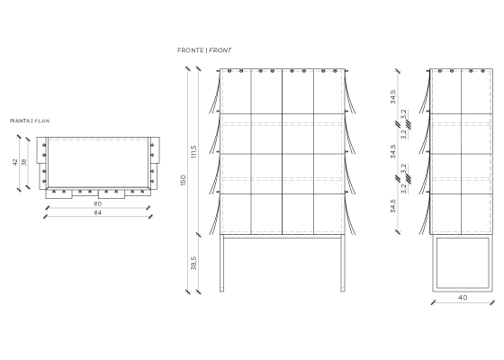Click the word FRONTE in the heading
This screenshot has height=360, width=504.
point(190,50)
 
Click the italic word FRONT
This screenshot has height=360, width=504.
point(220,50)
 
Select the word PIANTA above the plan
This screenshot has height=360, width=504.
point(20,121)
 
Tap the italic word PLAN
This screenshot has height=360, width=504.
point(41,121)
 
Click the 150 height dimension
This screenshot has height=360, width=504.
point(184,180)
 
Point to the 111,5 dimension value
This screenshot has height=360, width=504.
point(193,152)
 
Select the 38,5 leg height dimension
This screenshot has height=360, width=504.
point(193,263)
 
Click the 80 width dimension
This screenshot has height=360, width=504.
point(98,203)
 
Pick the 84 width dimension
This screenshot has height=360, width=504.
point(98,212)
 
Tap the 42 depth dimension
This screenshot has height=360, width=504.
point(15,162)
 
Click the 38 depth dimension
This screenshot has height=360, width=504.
point(24,162)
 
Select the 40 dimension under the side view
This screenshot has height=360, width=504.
point(463,298)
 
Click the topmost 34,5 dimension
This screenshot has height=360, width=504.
point(393,96)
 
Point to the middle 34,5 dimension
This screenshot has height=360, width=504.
point(393,151)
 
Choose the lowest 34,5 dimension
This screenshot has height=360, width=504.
point(393,206)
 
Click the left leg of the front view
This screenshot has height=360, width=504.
point(221,263)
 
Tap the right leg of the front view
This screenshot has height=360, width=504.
point(343,263)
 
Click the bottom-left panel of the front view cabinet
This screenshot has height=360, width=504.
point(236,213)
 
